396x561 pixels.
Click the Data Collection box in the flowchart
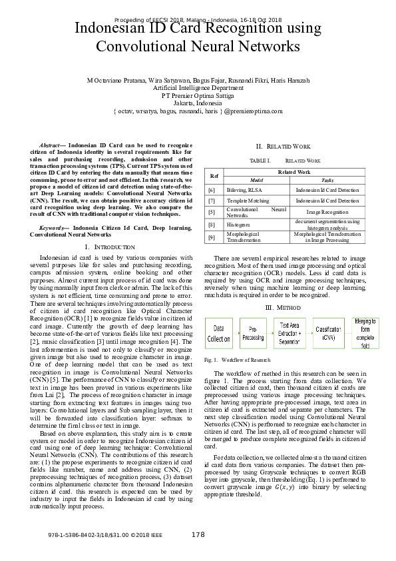[219, 333]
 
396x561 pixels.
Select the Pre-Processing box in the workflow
[253, 333]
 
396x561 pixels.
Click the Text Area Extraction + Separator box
[290, 333]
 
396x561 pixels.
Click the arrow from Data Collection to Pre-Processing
[236, 333]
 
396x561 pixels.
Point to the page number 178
[198, 535]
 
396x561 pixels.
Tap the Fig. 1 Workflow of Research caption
[237, 360]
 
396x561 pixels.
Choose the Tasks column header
[327, 181]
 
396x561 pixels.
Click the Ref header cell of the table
[214, 176]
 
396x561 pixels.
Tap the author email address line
[198, 112]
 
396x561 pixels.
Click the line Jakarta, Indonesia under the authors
[198, 103]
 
